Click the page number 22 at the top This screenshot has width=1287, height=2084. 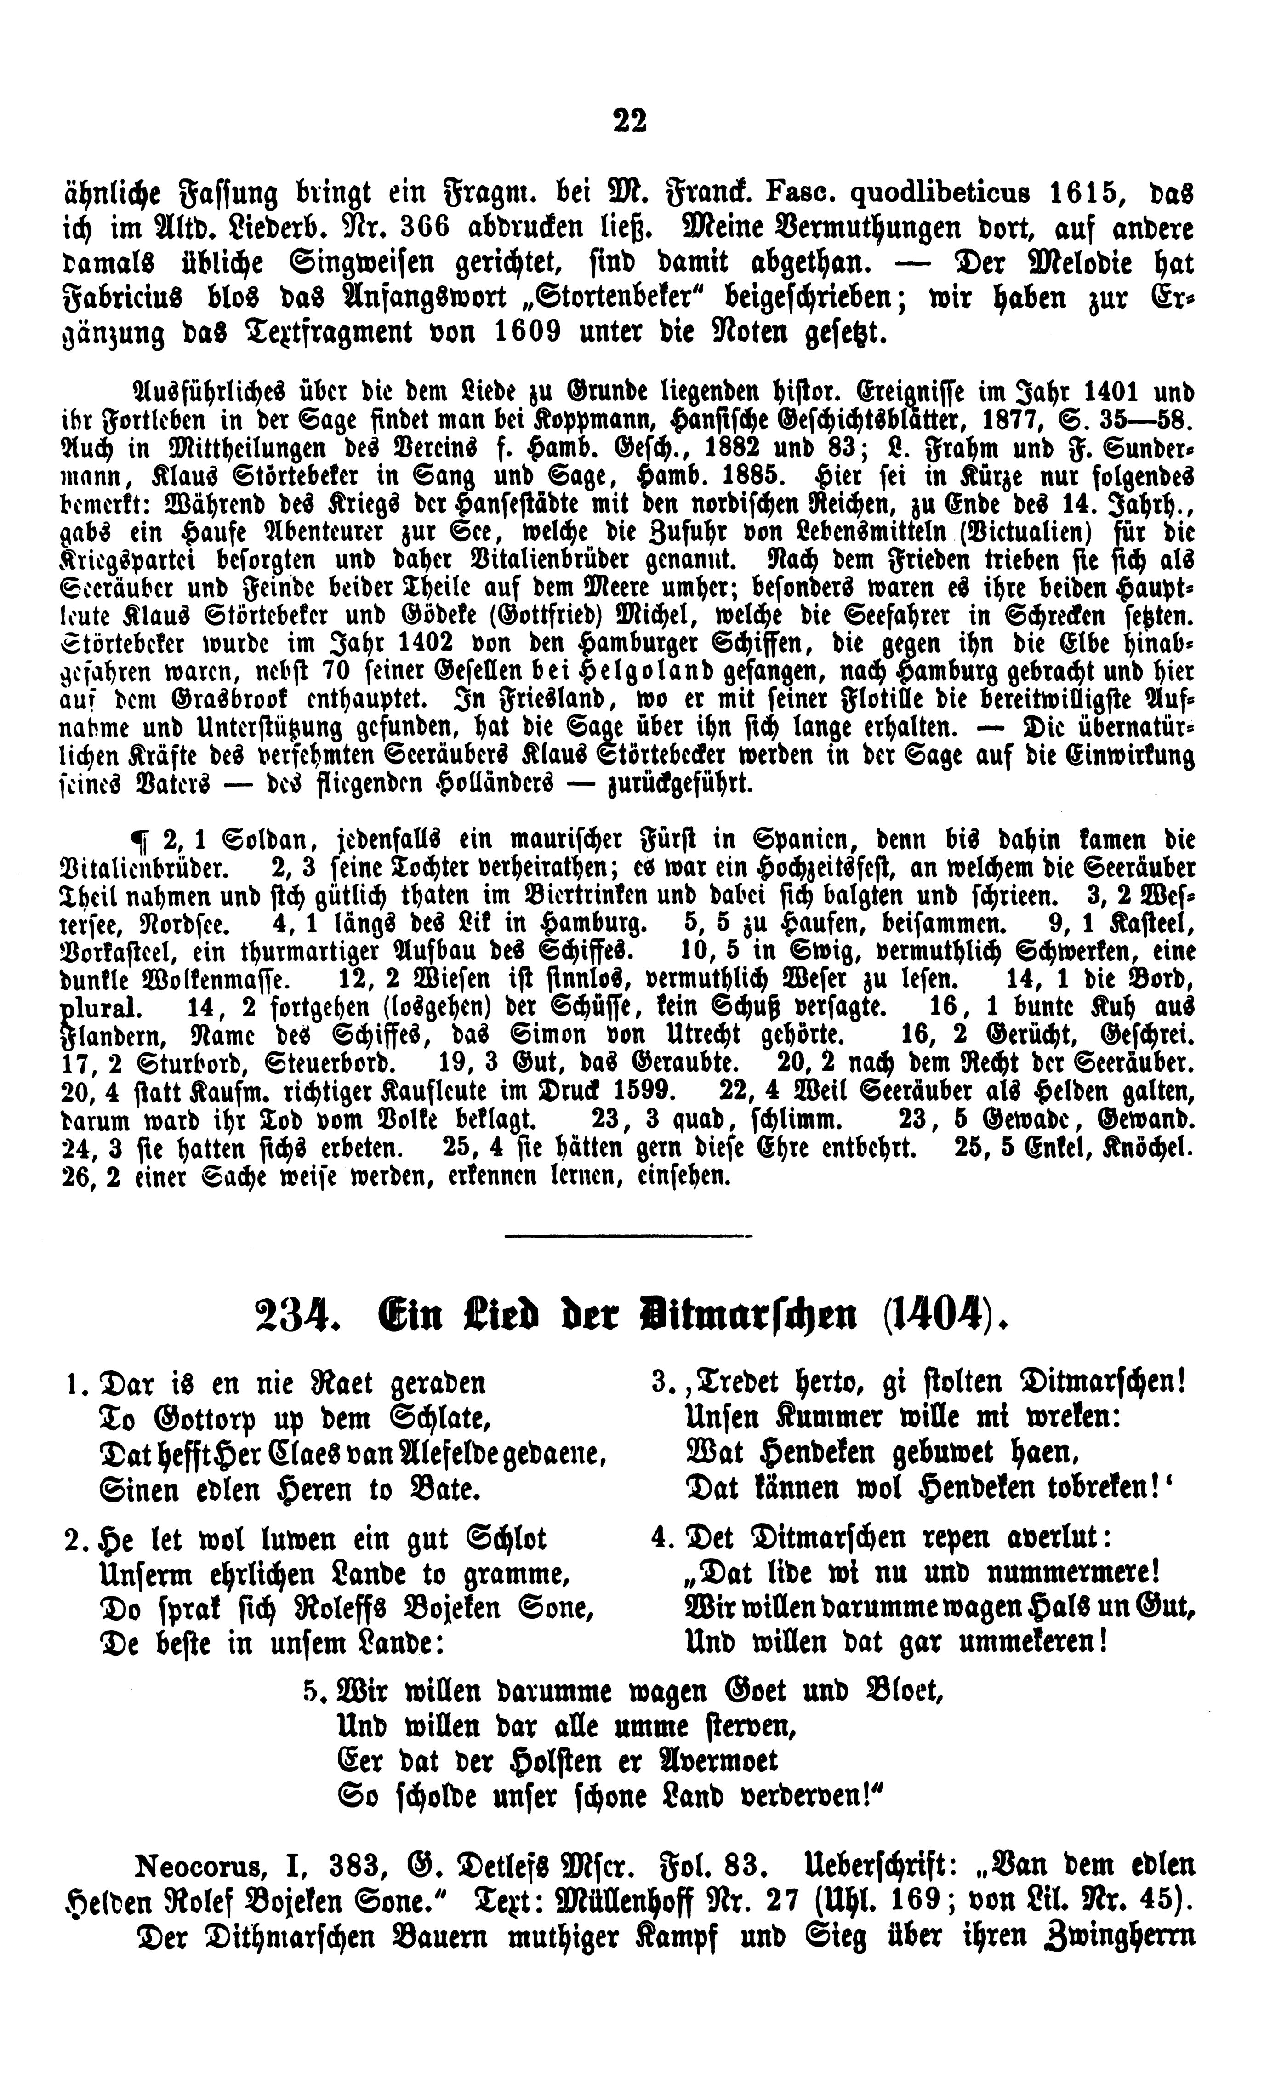630,121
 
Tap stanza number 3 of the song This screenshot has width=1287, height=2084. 661,1383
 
